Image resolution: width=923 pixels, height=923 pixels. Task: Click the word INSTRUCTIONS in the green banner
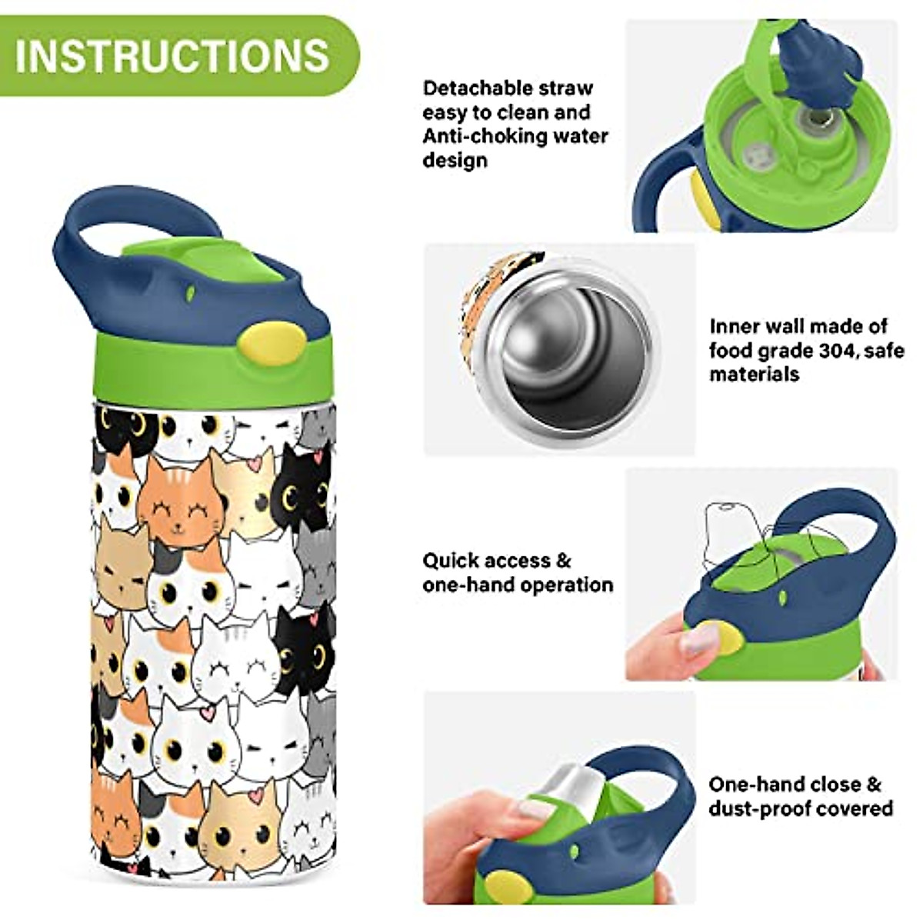(172, 55)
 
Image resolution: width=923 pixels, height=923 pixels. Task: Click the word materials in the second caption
(754, 375)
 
